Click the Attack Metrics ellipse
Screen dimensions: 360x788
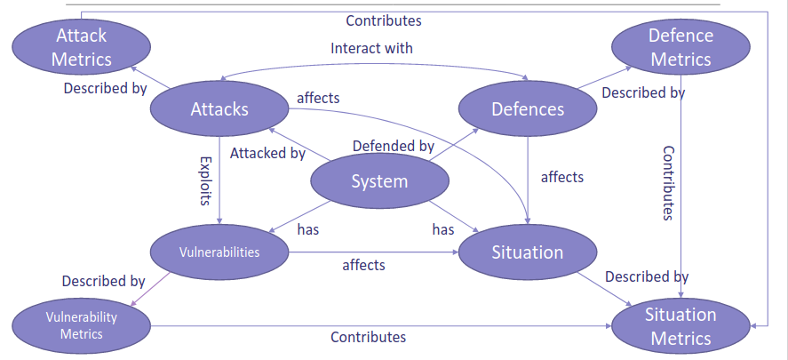tap(82, 48)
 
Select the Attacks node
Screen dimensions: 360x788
tap(219, 109)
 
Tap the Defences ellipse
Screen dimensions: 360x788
tap(528, 109)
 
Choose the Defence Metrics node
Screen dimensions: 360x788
tap(681, 48)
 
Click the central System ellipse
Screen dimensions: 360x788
tap(379, 181)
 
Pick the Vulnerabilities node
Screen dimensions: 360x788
tap(219, 252)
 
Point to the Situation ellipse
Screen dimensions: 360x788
tap(528, 252)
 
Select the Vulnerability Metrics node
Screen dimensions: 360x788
tap(82, 325)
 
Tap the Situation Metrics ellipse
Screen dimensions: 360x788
tap(681, 326)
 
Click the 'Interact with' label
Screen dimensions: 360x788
tap(371, 48)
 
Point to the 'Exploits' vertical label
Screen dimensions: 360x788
tap(205, 181)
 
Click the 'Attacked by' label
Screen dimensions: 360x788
tap(267, 153)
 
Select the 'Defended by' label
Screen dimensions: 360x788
tap(393, 146)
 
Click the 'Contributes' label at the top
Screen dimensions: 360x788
tap(384, 20)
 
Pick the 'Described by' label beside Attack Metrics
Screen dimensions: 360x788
tap(106, 89)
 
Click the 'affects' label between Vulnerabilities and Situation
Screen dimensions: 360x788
tap(364, 265)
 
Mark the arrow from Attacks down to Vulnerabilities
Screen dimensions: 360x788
tap(219, 178)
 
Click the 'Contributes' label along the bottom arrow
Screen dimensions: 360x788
tap(368, 337)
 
